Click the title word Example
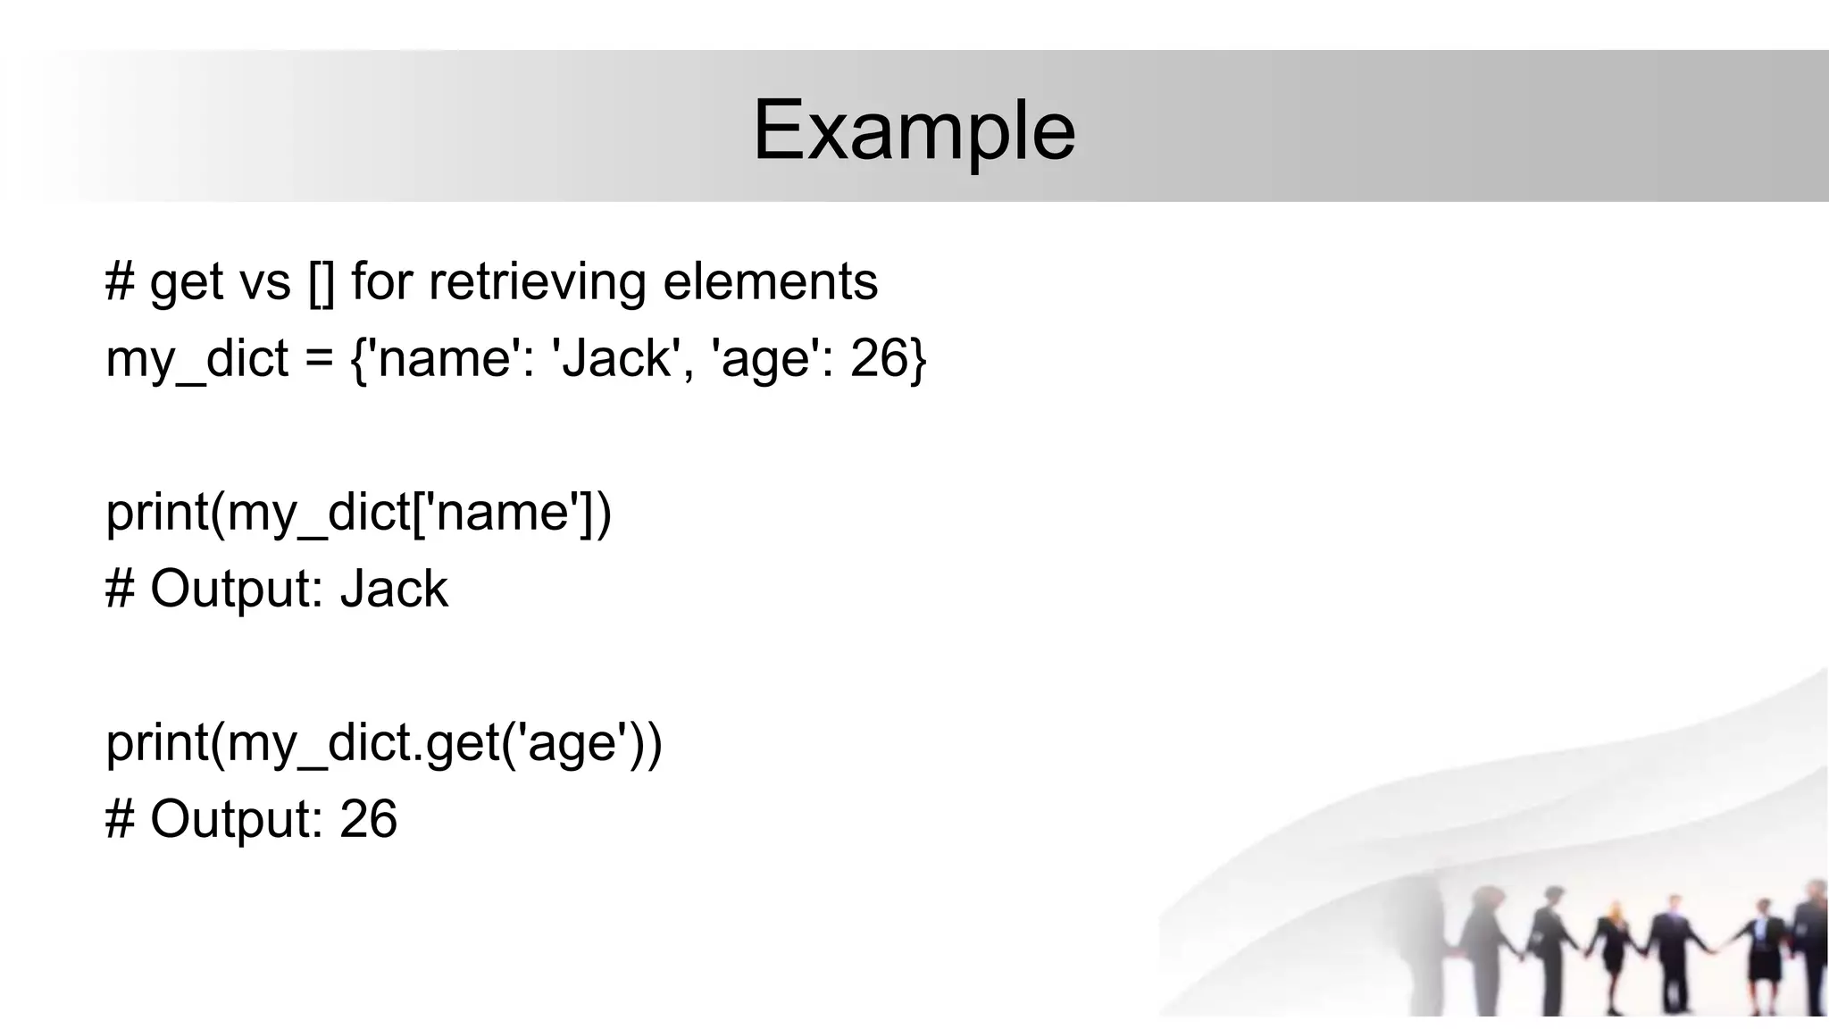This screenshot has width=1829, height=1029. [x=914, y=131]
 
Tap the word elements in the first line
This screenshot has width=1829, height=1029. [x=770, y=281]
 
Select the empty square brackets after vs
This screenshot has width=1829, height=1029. [x=322, y=282]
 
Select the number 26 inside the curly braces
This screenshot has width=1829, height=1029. [x=879, y=358]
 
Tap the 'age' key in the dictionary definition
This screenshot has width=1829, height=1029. [x=764, y=360]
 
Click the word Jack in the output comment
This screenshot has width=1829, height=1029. [x=394, y=590]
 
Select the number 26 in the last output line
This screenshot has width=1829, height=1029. [x=368, y=819]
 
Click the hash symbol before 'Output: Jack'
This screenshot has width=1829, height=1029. [x=120, y=590]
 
